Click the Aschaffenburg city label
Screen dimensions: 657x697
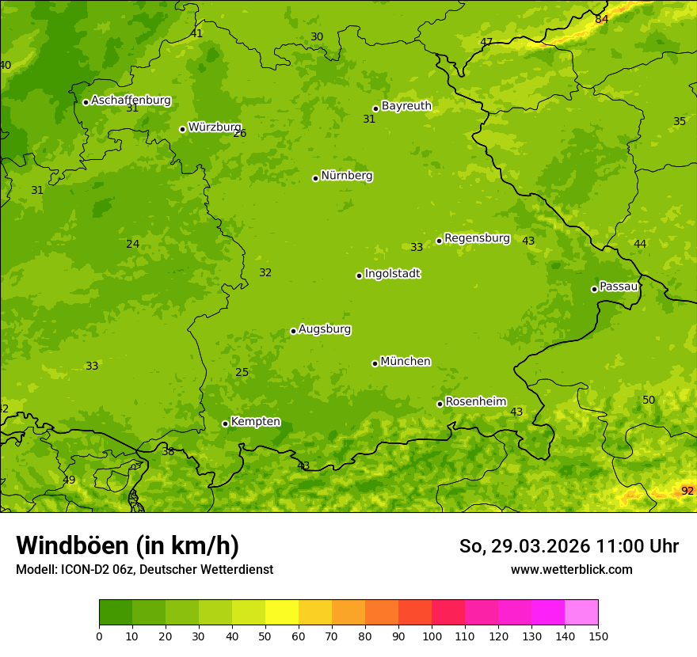point(131,101)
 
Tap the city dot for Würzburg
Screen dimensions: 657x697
point(182,129)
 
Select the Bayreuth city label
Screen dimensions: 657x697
point(406,106)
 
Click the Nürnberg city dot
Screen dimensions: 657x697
point(315,178)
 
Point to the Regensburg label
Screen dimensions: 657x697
point(477,238)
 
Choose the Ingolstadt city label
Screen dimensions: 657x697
point(392,274)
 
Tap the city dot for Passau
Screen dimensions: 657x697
point(594,289)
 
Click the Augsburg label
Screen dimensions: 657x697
point(325,329)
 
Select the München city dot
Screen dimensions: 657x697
point(375,363)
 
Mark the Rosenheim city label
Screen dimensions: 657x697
point(475,402)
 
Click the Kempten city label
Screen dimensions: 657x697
point(255,422)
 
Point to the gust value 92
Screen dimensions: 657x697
point(687,492)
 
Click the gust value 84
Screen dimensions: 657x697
point(602,19)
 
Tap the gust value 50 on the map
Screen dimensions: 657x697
point(649,401)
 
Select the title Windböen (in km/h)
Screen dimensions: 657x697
point(128,545)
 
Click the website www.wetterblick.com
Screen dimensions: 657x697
point(571,569)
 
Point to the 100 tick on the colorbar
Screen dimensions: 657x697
point(432,636)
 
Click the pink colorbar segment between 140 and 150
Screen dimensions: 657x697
point(581,613)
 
